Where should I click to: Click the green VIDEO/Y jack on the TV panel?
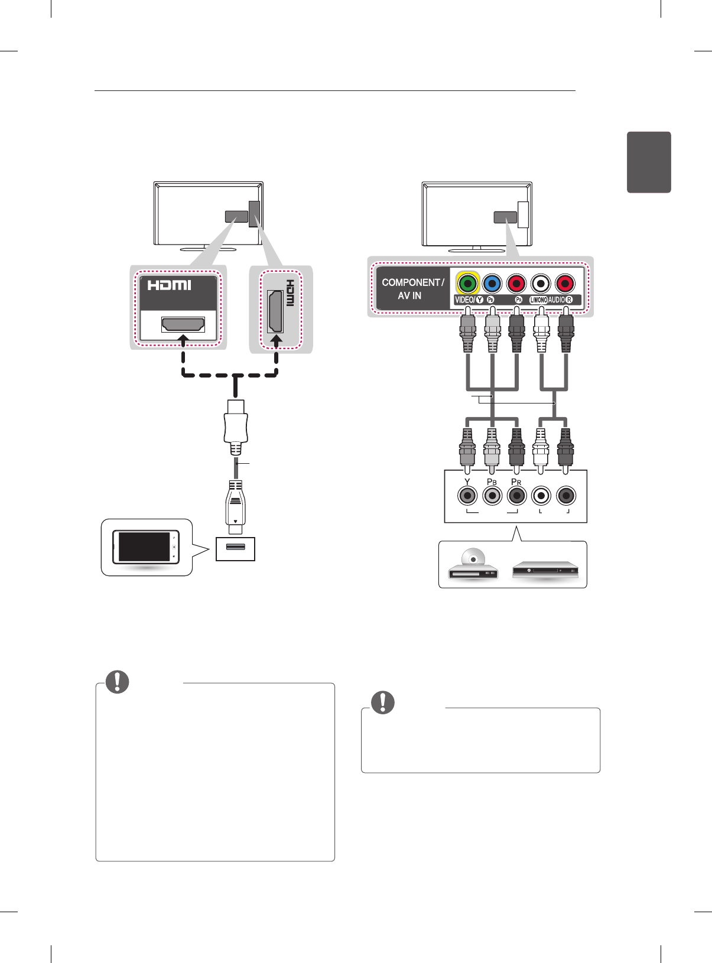pos(467,284)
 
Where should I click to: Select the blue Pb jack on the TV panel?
pos(492,284)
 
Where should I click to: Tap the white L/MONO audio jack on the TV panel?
pos(541,284)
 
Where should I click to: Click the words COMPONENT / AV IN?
pos(412,289)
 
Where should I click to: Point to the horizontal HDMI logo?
pos(170,285)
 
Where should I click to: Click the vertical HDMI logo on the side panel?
pos(290,293)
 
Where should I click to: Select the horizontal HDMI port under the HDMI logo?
pos(183,324)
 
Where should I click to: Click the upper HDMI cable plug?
pos(236,422)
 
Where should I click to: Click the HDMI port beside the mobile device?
pos(236,548)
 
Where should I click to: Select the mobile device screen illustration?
pos(145,546)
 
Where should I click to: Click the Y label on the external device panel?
pos(467,482)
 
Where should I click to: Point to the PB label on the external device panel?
pos(492,482)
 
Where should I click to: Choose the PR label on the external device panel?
pos(516,482)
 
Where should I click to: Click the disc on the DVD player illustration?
pos(473,558)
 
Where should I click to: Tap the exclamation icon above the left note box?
pos(117,682)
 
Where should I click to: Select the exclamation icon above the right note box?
pos(383,702)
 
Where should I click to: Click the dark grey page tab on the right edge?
pos(649,162)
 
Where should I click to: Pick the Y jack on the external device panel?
pos(467,496)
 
